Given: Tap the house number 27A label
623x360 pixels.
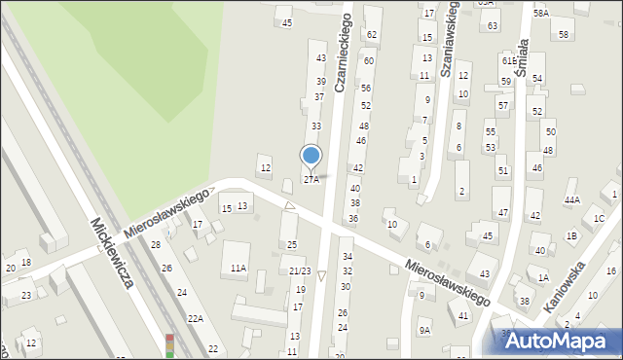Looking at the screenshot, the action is [311, 179].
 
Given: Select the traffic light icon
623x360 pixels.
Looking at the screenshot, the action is [169, 345].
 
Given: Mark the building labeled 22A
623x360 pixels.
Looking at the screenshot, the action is [196, 318].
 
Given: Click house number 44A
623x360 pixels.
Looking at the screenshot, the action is [572, 199].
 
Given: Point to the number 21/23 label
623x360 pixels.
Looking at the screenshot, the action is [300, 271].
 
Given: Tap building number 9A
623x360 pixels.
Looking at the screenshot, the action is [424, 330].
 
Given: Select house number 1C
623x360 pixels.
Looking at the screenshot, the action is [600, 218].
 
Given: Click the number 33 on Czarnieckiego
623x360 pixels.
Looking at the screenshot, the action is [315, 126].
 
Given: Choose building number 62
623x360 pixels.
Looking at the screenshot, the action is [371, 35].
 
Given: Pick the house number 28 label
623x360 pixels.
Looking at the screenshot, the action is [155, 244].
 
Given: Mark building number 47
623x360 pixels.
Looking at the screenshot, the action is [502, 212].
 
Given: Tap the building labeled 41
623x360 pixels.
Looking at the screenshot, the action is [463, 315].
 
